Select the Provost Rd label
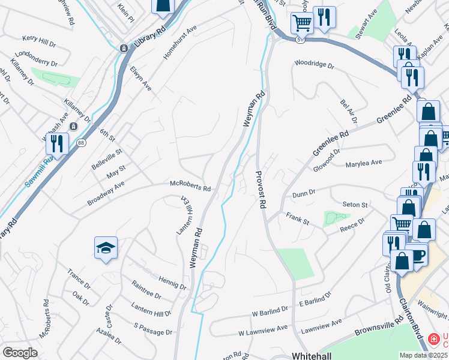click(261, 189)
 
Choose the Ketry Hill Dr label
click(39, 38)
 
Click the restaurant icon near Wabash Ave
click(57, 144)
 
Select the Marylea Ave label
click(364, 163)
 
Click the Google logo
click(20, 353)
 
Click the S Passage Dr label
click(152, 331)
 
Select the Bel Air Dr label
click(349, 112)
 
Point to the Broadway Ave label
click(107, 193)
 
